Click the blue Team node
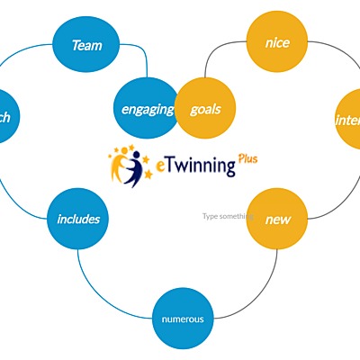pyautogui.click(x=86, y=44)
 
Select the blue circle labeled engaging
pyautogui.click(x=146, y=109)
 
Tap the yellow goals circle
pyautogui.click(x=205, y=109)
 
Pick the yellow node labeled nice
pyautogui.click(x=275, y=41)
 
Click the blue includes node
pyautogui.click(x=78, y=219)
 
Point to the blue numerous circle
pyautogui.click(x=182, y=319)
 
